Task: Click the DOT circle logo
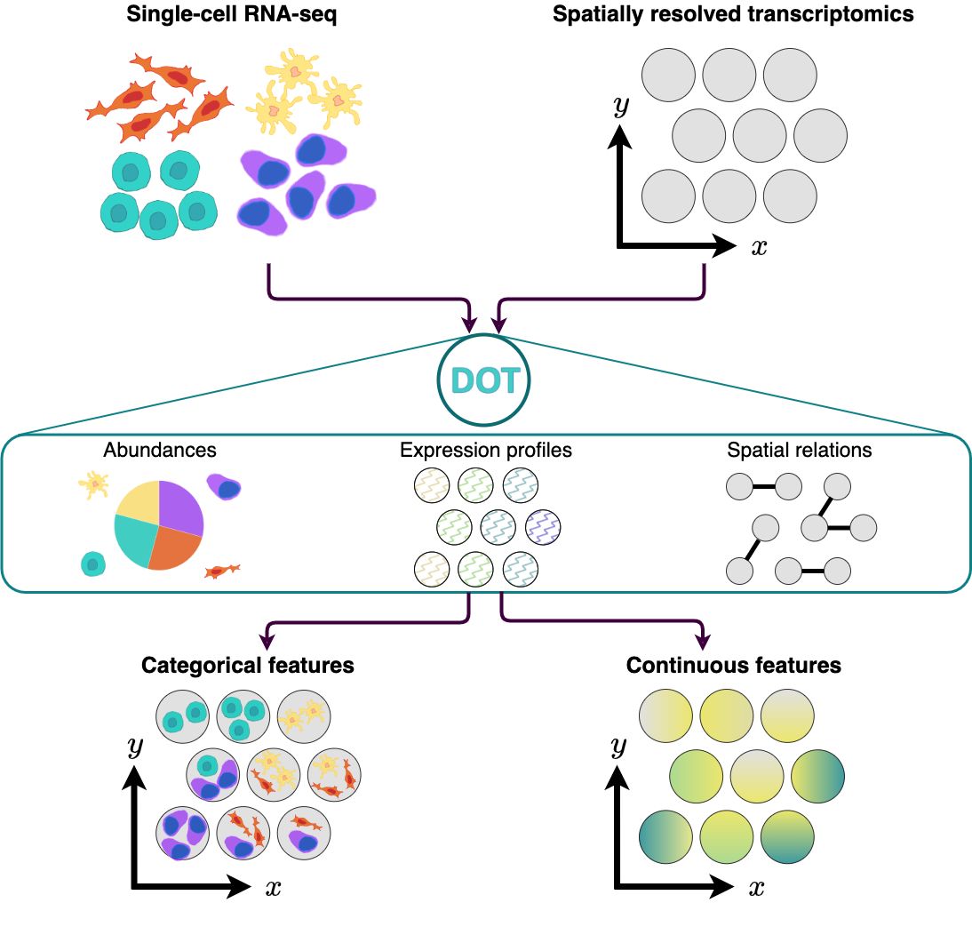tap(484, 380)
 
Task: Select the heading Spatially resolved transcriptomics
tap(733, 15)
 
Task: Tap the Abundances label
tap(160, 450)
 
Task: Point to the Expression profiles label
tap(486, 450)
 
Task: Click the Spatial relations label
tap(800, 450)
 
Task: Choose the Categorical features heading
tap(248, 665)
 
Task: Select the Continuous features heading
tap(734, 665)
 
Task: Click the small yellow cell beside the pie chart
tap(93, 483)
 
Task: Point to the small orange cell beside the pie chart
tap(222, 570)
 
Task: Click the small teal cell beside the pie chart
tap(92, 563)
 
